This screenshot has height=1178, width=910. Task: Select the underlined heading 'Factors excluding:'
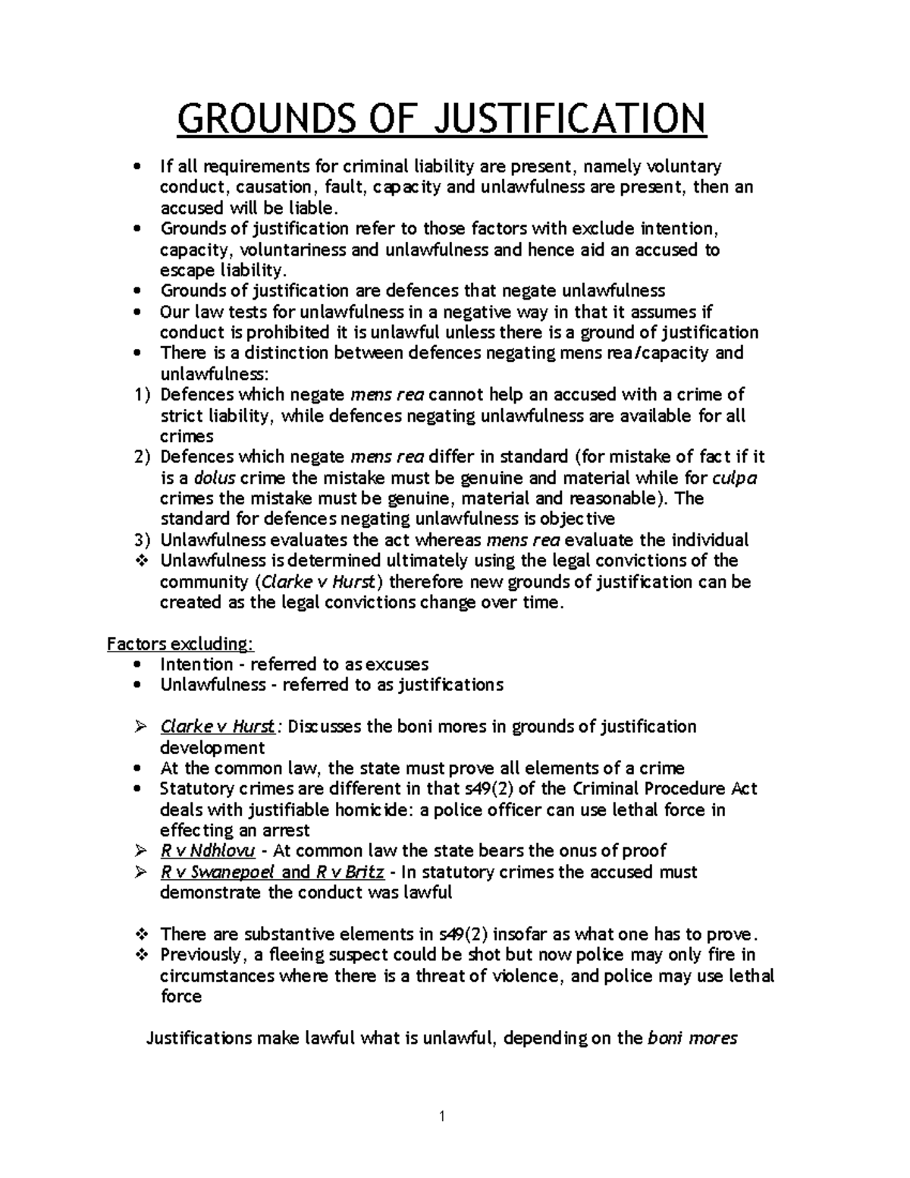tap(180, 644)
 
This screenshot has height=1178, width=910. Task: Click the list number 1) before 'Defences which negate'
tap(142, 394)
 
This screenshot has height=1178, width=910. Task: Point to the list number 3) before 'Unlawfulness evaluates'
tap(142, 540)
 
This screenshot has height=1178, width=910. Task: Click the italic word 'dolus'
tap(215, 478)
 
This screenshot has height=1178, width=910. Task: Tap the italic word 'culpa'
tap(736, 478)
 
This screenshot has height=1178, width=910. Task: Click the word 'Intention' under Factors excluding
tap(196, 664)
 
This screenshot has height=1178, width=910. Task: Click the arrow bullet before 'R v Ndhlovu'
tap(140, 851)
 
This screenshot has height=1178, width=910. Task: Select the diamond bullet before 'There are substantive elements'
tap(140, 934)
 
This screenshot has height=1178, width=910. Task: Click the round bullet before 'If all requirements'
tap(136, 166)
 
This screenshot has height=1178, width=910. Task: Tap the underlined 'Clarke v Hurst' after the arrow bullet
tap(218, 727)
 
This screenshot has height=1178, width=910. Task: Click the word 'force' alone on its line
tap(180, 996)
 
